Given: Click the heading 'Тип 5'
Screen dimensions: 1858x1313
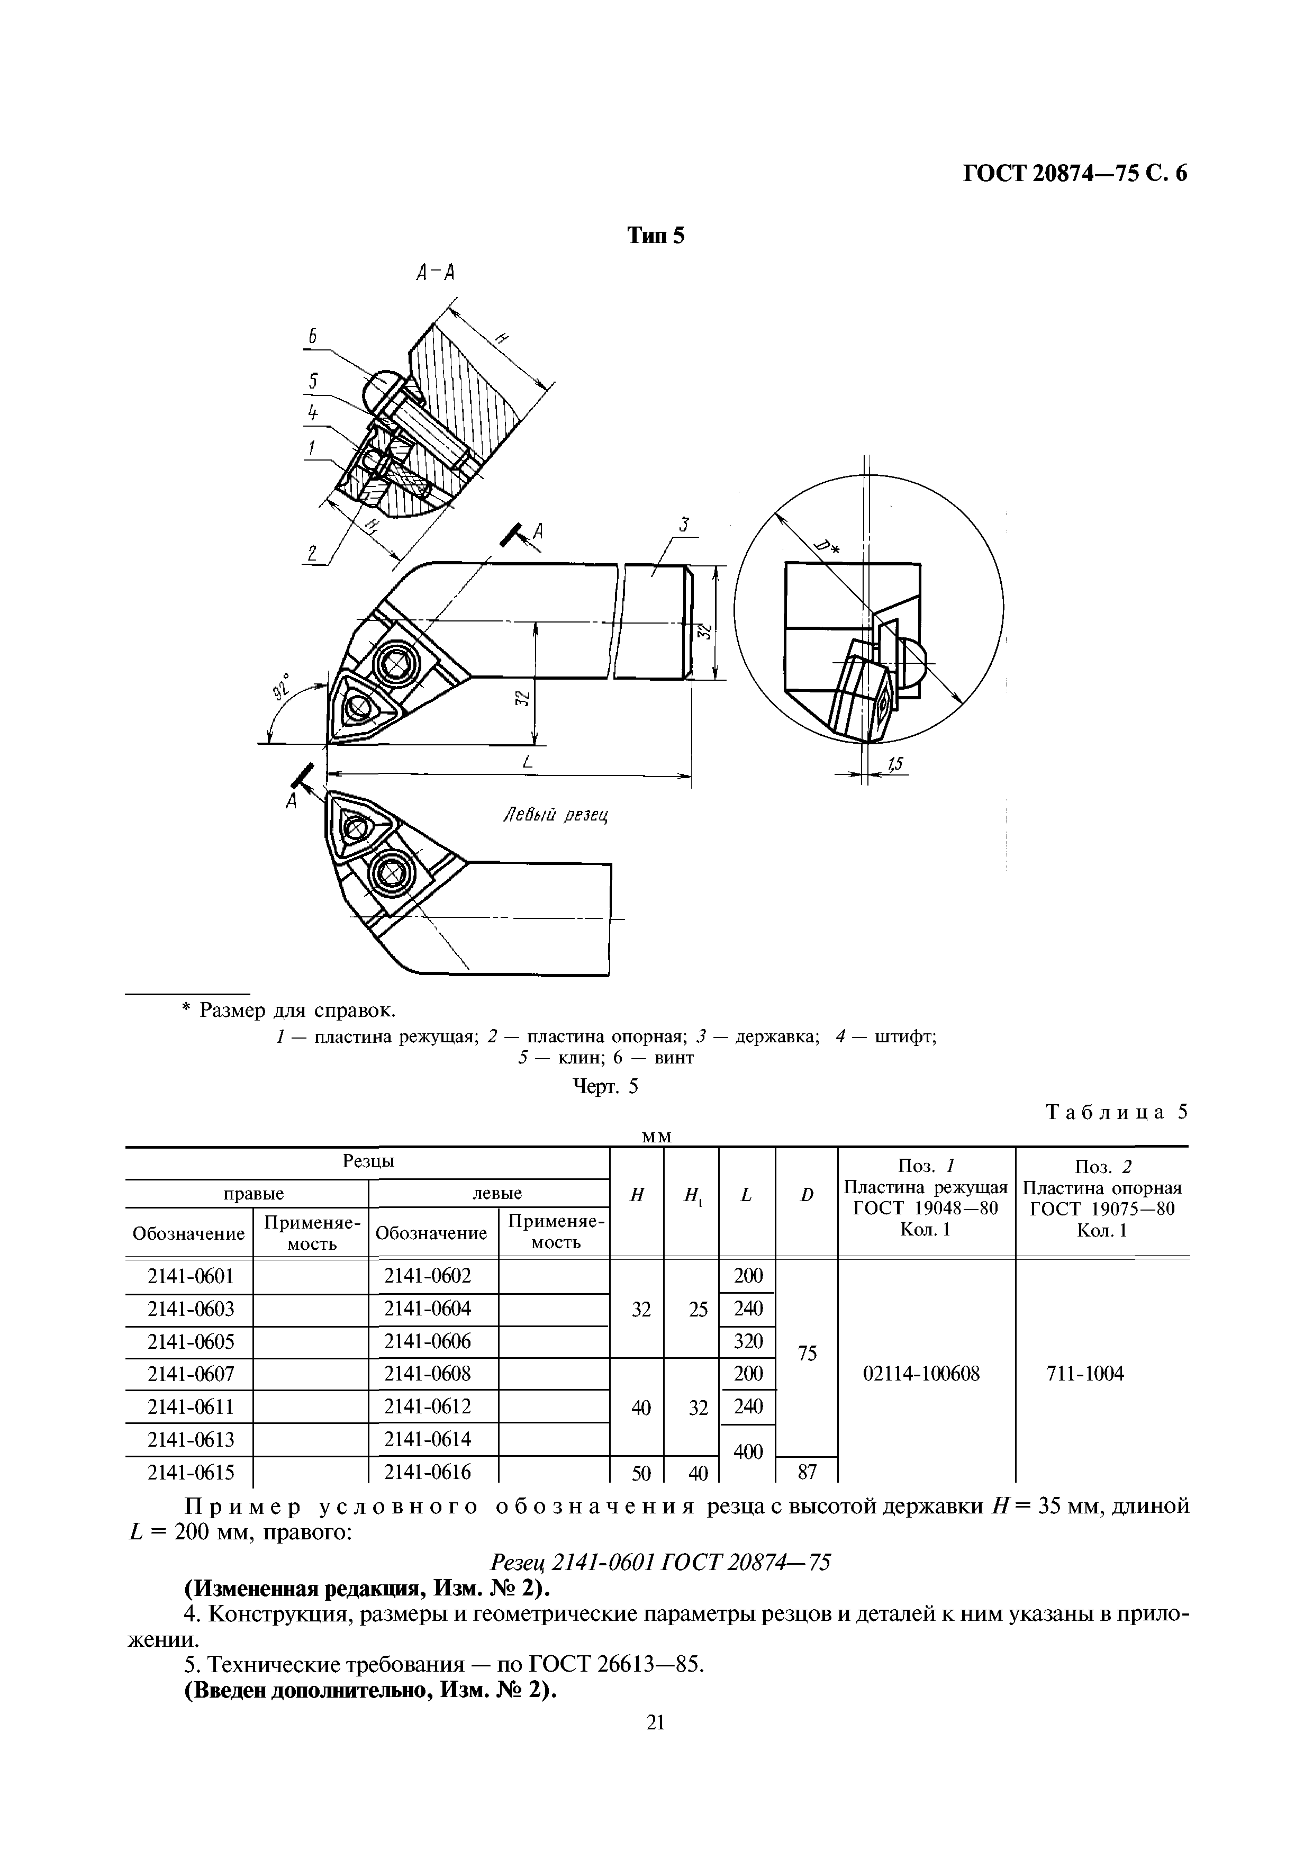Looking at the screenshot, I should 656,236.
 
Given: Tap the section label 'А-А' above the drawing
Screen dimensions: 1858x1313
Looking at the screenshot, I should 435,274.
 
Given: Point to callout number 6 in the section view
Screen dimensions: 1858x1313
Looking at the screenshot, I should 312,337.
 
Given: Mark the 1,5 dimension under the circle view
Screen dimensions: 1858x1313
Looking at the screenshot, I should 895,763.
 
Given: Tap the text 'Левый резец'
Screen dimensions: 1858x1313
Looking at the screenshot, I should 555,816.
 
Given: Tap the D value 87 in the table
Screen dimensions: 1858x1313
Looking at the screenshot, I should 807,1472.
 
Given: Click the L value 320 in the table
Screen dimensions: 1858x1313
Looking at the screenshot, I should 747,1341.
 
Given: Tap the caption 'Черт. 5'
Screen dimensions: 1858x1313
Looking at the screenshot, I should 605,1087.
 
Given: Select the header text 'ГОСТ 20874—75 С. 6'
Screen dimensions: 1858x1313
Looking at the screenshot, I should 1074,174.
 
